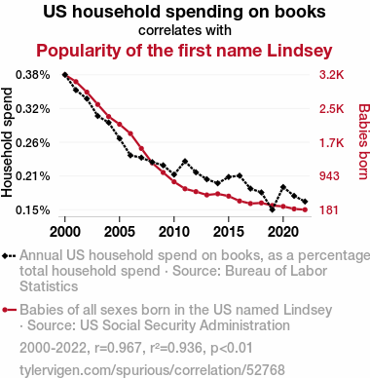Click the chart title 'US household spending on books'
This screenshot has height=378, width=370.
pos(184,12)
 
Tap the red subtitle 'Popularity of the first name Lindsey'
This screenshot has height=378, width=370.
pos(184,51)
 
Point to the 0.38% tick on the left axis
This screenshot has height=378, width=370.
pos(33,75)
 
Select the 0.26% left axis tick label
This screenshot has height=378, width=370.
pos(33,142)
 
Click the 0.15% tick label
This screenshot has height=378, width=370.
pos(33,210)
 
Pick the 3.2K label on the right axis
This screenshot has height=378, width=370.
pos(331,75)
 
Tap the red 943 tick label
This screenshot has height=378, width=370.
pos(329,176)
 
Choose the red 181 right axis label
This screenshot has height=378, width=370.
pos(329,210)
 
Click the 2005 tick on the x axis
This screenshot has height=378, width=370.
pos(120,232)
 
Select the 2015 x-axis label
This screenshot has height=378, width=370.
pos(229,232)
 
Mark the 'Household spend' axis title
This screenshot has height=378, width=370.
pos(7,142)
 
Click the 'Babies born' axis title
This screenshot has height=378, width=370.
pos(363,141)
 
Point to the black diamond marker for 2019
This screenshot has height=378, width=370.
pos(273,209)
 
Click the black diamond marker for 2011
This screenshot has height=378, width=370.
pos(185,162)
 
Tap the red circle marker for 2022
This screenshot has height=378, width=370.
pos(305,209)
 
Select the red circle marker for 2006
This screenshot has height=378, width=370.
pos(130,133)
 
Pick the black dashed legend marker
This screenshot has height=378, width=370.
pos(9,256)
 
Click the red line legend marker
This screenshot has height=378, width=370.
pos(9,310)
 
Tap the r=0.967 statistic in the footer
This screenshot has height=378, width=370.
pos(118,348)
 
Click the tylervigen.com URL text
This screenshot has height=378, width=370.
pos(152,370)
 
